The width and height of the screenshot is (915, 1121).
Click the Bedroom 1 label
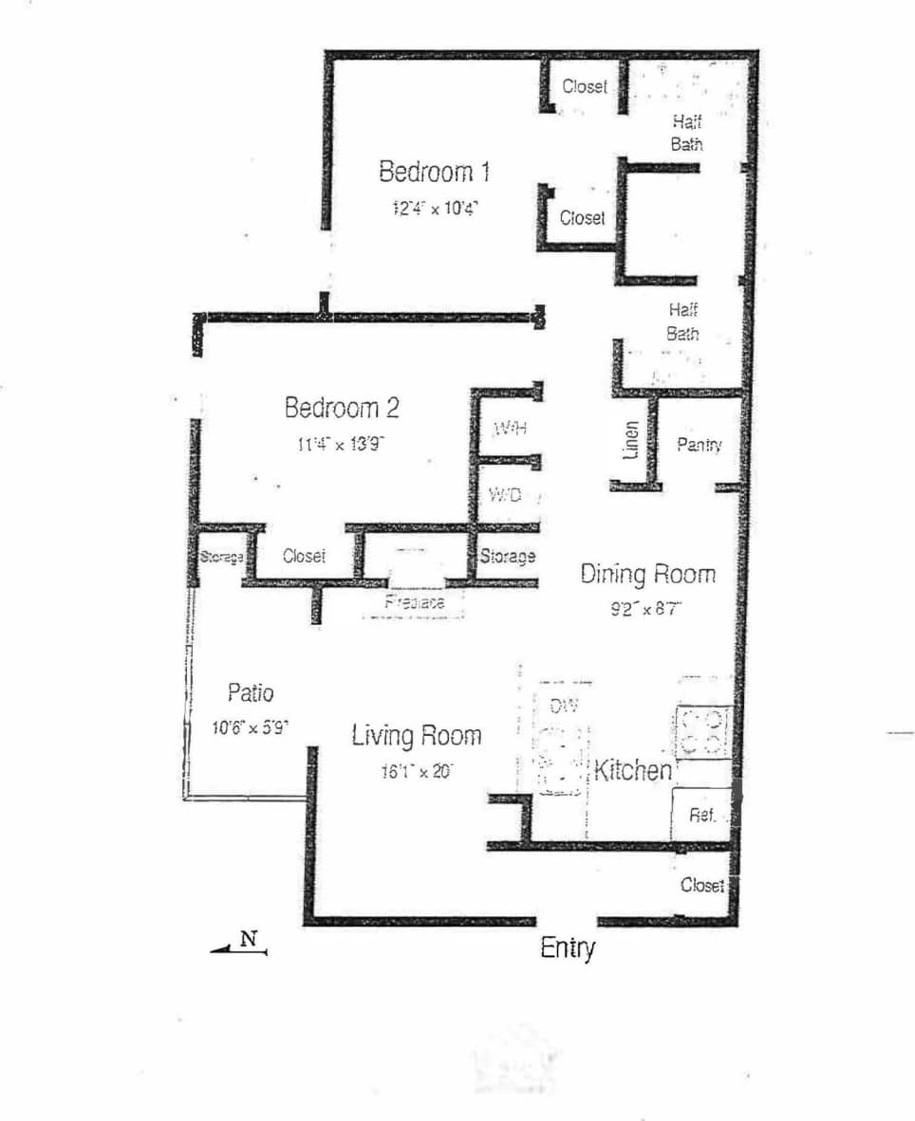pyautogui.click(x=435, y=173)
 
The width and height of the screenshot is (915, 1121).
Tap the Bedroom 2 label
pyautogui.click(x=342, y=408)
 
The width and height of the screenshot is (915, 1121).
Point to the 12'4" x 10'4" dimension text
pyautogui.click(x=435, y=208)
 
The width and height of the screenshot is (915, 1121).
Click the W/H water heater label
pyautogui.click(x=509, y=429)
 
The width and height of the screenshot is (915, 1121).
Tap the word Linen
pyautogui.click(x=631, y=442)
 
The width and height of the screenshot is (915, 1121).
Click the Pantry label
pyautogui.click(x=700, y=444)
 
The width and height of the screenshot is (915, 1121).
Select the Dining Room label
pyautogui.click(x=648, y=574)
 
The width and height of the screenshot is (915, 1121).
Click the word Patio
pyautogui.click(x=251, y=692)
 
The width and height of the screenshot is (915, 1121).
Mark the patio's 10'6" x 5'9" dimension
pyautogui.click(x=250, y=728)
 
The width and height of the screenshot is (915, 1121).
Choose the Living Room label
pyautogui.click(x=417, y=735)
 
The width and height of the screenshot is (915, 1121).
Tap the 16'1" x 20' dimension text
pyautogui.click(x=417, y=771)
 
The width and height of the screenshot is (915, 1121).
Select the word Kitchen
pyautogui.click(x=632, y=770)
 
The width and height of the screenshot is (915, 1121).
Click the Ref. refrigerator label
pyautogui.click(x=701, y=815)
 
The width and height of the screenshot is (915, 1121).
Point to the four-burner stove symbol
pyautogui.click(x=702, y=731)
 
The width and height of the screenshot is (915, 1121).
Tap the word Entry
pyautogui.click(x=568, y=947)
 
